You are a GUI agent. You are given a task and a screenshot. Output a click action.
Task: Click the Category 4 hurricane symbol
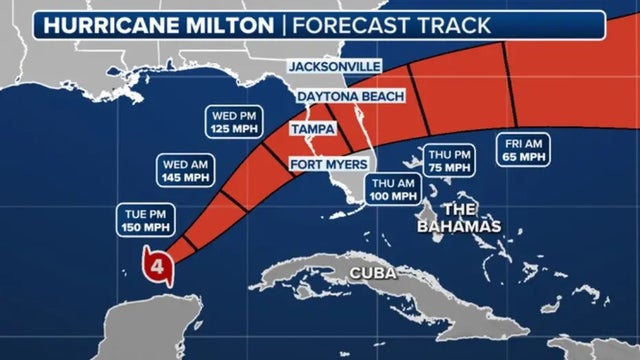click(x=157, y=266)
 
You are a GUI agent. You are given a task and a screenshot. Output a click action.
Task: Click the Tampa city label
click(x=314, y=129)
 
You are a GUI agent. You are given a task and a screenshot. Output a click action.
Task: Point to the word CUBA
click(x=369, y=273)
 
